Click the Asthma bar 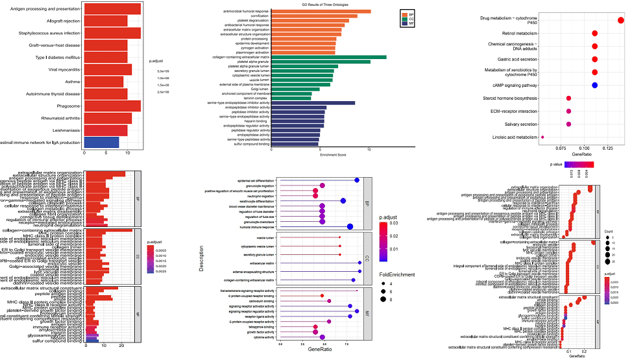(x=104, y=82)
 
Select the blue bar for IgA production (x=101, y=142)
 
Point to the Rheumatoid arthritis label (x=59, y=118)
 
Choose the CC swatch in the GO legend (x=404, y=19)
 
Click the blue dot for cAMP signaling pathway (x=594, y=86)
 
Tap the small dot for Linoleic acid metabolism (x=542, y=138)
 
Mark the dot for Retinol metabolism (x=594, y=33)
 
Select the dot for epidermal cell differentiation (x=357, y=180)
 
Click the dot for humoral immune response (x=350, y=226)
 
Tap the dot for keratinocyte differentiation (x=343, y=201)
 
